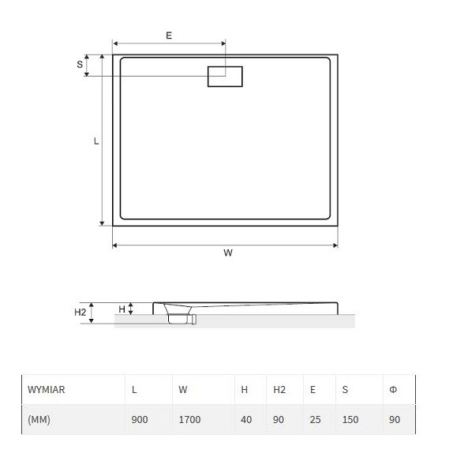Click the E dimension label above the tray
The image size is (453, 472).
169,36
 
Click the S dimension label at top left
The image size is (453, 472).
80,64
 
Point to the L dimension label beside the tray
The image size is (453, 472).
96,140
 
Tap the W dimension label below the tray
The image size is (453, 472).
228,253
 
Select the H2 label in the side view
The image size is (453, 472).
80,312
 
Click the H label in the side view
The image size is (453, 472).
122,309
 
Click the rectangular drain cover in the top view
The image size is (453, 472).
225,77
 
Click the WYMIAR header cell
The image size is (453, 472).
46,390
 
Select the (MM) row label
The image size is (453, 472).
39,419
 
